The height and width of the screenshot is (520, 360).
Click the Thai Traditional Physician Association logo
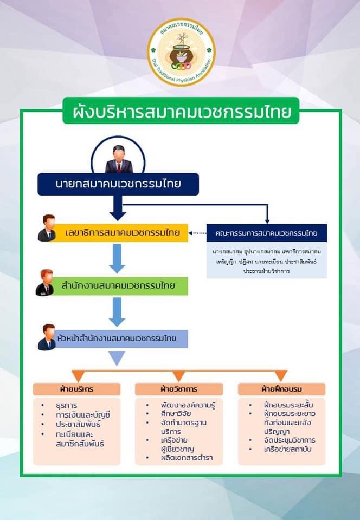pyautogui.click(x=181, y=52)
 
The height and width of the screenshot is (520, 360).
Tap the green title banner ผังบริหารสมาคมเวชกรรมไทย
pyautogui.click(x=181, y=112)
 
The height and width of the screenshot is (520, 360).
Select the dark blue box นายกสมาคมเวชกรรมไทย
pyautogui.click(x=118, y=184)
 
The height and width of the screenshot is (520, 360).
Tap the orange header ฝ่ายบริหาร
pyautogui.click(x=76, y=389)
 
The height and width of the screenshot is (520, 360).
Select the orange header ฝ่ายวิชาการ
pyautogui.click(x=179, y=389)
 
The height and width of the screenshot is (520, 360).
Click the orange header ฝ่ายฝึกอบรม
pyautogui.click(x=281, y=389)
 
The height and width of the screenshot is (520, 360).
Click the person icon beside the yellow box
pyautogui.click(x=47, y=228)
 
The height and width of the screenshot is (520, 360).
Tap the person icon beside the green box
pyautogui.click(x=46, y=282)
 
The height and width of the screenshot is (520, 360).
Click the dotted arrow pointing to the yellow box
pyautogui.click(x=197, y=233)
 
